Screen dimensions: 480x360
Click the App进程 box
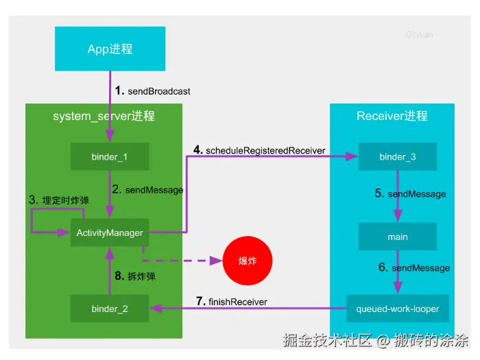coord(110,49)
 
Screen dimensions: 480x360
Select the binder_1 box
coord(110,156)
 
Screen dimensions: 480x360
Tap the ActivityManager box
coord(110,232)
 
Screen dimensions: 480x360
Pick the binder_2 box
coord(110,309)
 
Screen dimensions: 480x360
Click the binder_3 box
coord(398,156)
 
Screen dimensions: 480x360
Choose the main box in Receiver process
coord(398,237)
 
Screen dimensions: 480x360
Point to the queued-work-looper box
coord(398,309)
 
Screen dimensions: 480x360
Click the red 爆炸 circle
coord(248,261)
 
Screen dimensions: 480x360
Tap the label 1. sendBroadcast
coord(152,91)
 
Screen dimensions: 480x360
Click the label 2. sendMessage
coord(147,189)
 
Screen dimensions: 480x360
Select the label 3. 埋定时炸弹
coord(59,200)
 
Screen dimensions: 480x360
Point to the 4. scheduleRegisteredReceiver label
coord(259,150)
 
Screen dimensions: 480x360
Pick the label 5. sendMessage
coord(410,193)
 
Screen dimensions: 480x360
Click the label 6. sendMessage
coord(414,267)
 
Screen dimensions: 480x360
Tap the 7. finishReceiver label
coord(232,302)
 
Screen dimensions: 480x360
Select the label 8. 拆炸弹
coord(135,276)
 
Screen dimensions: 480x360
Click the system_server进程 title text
coord(104,116)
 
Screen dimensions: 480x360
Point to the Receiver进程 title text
coord(392,116)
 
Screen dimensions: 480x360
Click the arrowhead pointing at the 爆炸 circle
coord(216,261)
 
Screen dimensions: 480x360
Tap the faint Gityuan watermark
coord(420,34)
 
